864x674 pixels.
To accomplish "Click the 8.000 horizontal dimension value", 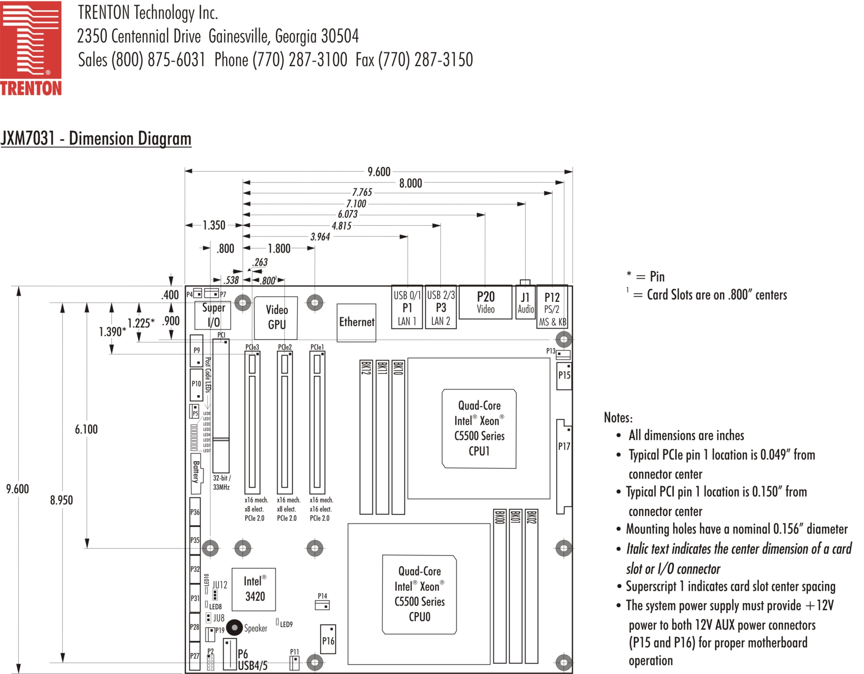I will point(410,183).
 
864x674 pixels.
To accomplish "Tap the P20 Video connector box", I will point(485,302).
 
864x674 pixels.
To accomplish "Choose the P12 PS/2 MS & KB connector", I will point(552,308).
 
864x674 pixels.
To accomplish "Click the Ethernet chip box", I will point(356,322).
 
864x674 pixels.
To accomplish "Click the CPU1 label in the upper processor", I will point(479,451).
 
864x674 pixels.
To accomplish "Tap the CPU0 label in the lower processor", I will point(419,617).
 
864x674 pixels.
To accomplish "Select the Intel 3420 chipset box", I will point(254,589).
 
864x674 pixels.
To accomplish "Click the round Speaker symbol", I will point(234,627).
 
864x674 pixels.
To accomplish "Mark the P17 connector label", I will point(564,446).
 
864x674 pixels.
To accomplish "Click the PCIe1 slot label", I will point(317,347).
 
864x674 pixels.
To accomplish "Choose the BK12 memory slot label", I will point(366,368).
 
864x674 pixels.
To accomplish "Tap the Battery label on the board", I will point(196,472).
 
